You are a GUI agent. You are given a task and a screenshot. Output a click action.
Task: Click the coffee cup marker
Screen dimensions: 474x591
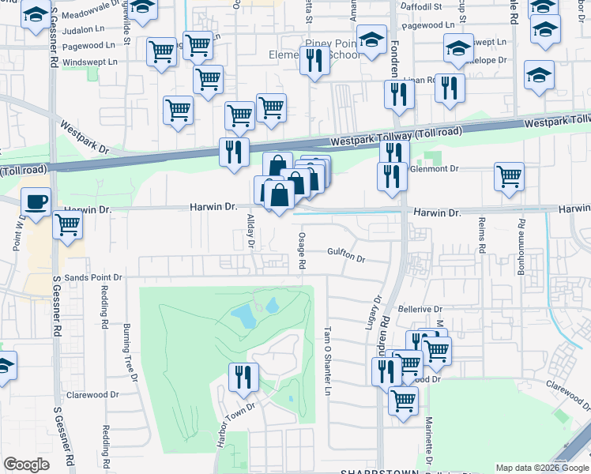pyautogui.click(x=36, y=201)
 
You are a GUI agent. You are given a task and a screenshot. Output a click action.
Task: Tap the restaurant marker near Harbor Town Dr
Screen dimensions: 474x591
pyautogui.click(x=243, y=377)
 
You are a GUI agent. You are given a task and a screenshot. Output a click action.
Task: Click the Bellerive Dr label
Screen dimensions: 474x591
pyautogui.click(x=419, y=309)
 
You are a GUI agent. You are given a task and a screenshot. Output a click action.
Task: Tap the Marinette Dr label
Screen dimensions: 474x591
pyautogui.click(x=427, y=442)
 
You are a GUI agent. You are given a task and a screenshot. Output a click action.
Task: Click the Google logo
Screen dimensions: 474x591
pyautogui.click(x=26, y=465)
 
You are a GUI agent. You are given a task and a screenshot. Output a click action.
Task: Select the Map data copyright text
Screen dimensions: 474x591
pyautogui.click(x=541, y=468)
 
